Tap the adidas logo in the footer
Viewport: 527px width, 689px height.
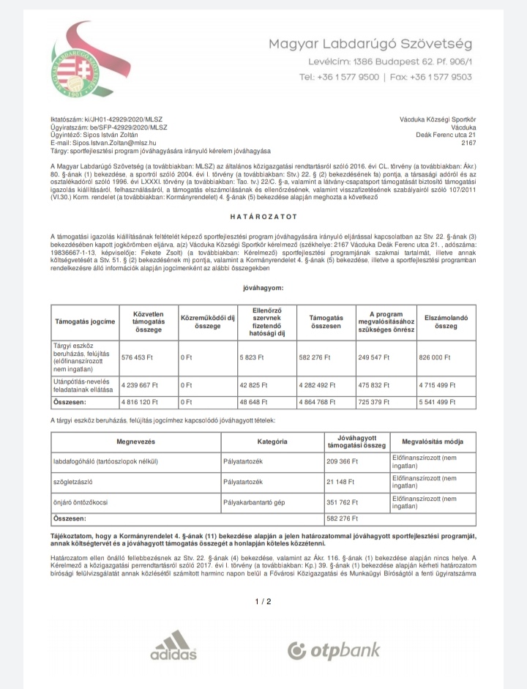pos(173,646)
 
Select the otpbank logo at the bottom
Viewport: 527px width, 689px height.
pos(334,649)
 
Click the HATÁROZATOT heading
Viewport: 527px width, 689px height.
pos(263,217)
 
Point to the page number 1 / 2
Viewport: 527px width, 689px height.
pos(263,602)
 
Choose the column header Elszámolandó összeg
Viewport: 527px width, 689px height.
pos(446,321)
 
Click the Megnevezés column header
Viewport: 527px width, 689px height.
pos(135,442)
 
